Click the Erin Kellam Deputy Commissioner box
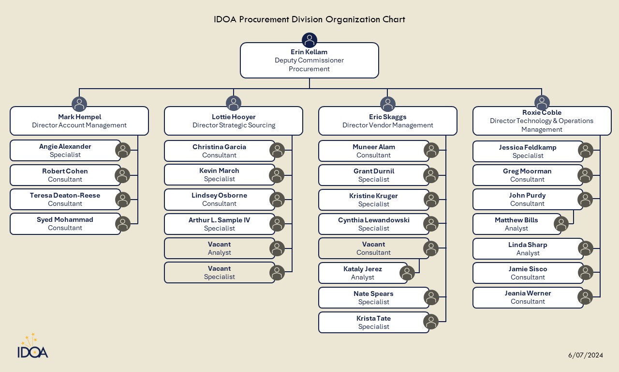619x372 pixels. pyautogui.click(x=309, y=61)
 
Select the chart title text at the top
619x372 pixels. pyautogui.click(x=309, y=19)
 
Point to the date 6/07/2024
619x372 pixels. pyautogui.click(x=586, y=355)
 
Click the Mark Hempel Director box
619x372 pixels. pyautogui.click(x=79, y=121)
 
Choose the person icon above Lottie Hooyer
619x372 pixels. pyautogui.click(x=234, y=104)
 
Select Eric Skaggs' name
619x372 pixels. pyautogui.click(x=387, y=117)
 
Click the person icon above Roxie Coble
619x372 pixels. pyautogui.click(x=542, y=103)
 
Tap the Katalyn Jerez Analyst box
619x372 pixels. pyautogui.click(x=363, y=273)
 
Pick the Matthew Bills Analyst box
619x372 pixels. pyautogui.click(x=516, y=224)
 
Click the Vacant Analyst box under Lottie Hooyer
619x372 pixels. pyautogui.click(x=219, y=248)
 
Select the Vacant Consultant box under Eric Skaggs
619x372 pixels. pyautogui.click(x=373, y=248)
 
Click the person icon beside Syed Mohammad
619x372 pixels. pyautogui.click(x=123, y=224)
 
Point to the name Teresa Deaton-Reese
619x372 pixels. pyautogui.click(x=65, y=195)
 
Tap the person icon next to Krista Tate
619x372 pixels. pyautogui.click(x=431, y=322)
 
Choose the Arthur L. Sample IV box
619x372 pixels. pyautogui.click(x=219, y=224)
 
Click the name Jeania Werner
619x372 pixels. pyautogui.click(x=528, y=293)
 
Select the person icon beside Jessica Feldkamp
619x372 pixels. pyautogui.click(x=586, y=151)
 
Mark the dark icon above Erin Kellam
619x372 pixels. pyautogui.click(x=309, y=40)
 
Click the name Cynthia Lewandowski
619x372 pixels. pyautogui.click(x=373, y=220)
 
